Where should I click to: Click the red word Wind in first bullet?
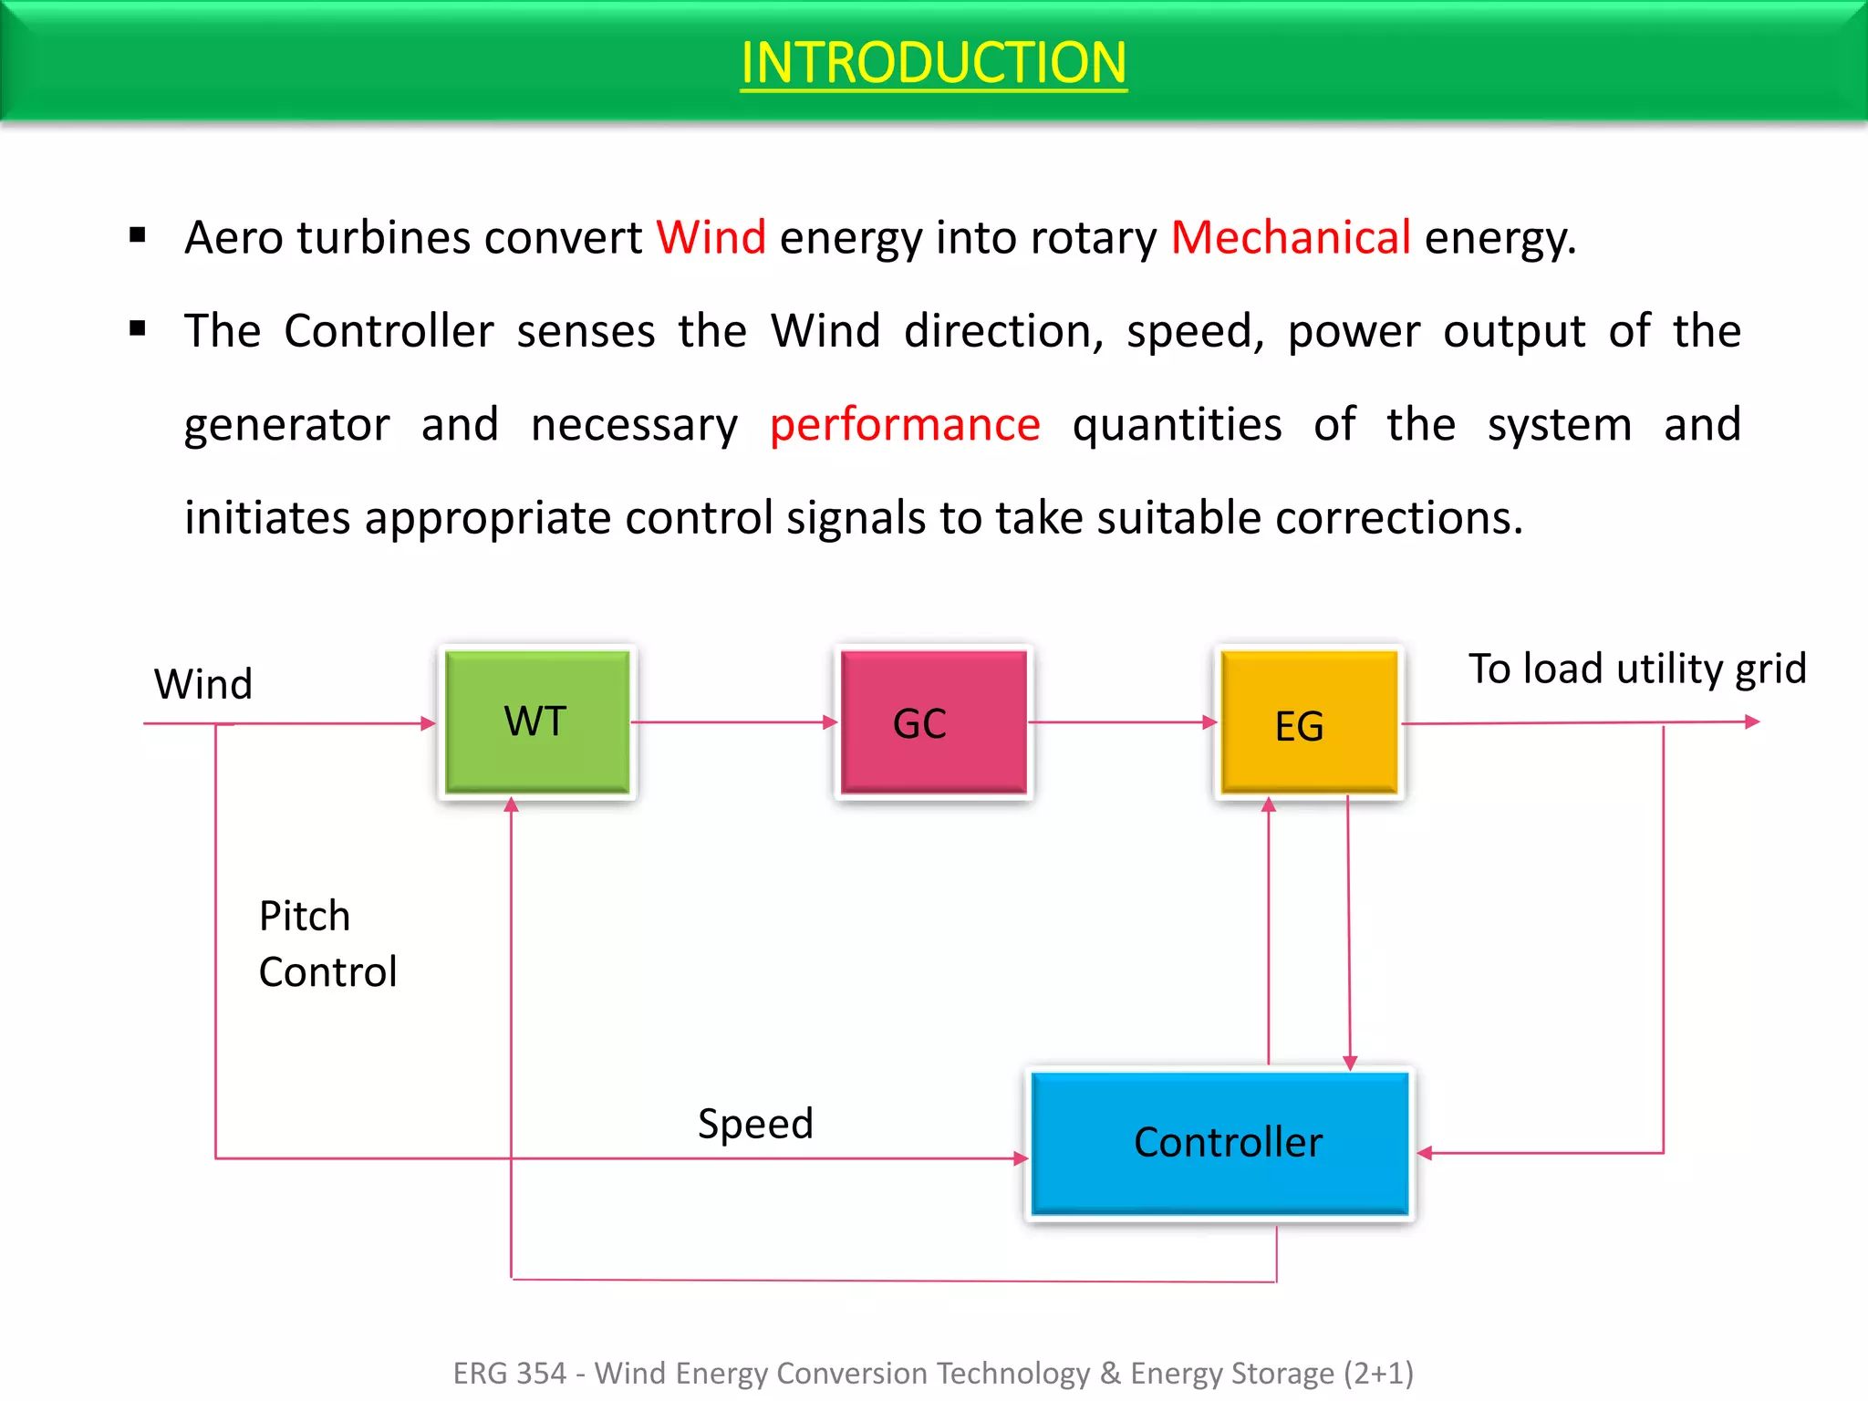[711, 237]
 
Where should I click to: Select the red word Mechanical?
[1291, 237]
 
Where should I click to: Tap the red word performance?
[904, 424]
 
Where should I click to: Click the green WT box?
[536, 721]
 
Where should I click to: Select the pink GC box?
[933, 721]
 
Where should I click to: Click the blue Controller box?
[1220, 1143]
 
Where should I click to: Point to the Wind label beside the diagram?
[202, 684]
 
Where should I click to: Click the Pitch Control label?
[327, 943]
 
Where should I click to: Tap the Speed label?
[755, 1123]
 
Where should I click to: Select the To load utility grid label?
[1637, 669]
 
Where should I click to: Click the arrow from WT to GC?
[734, 722]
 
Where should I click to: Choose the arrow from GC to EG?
[1123, 722]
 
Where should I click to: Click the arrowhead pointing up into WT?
[512, 804]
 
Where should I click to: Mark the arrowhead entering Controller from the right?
[1425, 1153]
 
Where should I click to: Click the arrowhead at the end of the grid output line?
[1752, 721]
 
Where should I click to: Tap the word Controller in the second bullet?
[389, 330]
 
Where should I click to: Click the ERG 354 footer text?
[933, 1373]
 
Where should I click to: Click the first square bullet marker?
[138, 236]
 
